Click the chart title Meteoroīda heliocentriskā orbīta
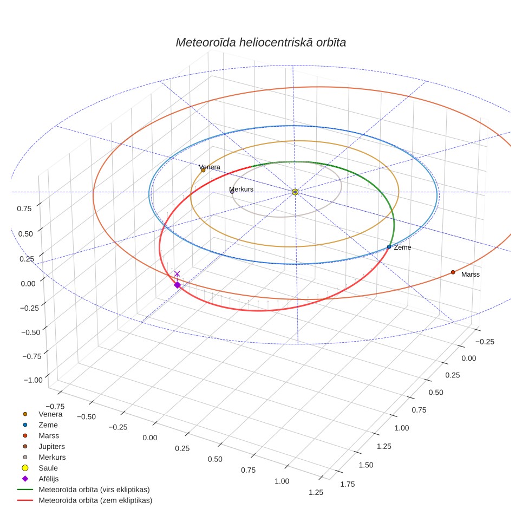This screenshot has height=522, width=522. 260,43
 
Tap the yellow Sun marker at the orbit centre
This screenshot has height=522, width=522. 295,192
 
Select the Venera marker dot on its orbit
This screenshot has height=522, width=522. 204,170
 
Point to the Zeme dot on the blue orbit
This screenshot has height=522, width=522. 389,247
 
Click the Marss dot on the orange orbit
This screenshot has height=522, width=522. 453,272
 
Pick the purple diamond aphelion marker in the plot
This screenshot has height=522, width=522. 178,285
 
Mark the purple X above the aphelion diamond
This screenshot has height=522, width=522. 177,273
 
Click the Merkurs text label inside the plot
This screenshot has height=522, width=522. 242,189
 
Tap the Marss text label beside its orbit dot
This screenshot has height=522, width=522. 471,275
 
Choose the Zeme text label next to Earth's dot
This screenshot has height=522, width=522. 402,247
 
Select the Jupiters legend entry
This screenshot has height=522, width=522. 43,446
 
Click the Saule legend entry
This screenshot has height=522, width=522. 40,468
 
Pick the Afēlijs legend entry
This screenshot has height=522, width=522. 40,479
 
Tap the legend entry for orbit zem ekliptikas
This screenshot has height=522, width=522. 84,500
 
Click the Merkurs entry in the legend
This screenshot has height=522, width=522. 44,457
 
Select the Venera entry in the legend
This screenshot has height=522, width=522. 42,414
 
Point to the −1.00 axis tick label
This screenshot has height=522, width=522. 33,380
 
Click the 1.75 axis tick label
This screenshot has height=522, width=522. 348,484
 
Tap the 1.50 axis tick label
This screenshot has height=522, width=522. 366,465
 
